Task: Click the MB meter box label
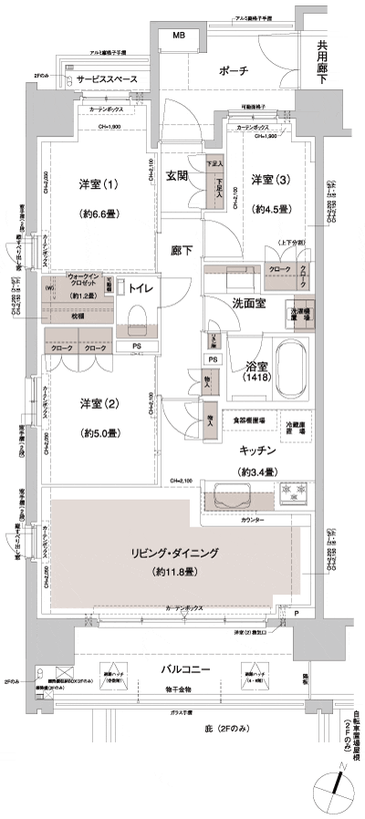click(x=180, y=36)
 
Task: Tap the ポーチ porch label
click(x=235, y=71)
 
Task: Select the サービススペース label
click(x=107, y=80)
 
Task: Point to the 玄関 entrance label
click(x=177, y=178)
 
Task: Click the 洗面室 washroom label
click(x=247, y=303)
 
